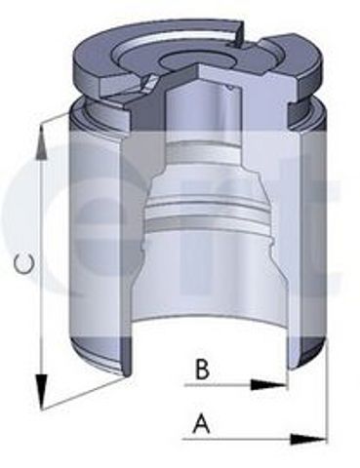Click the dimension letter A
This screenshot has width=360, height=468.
pyautogui.click(x=202, y=422)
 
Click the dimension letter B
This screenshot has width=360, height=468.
pyautogui.click(x=202, y=369)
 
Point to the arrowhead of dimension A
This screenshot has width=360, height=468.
pyautogui.click(x=307, y=440)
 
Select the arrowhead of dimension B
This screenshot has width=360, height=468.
pyautogui.click(x=268, y=385)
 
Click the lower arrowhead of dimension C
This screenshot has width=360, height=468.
pyautogui.click(x=41, y=391)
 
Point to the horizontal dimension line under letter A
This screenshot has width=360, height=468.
pyautogui.click(x=254, y=440)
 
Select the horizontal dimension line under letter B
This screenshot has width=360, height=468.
pyautogui.click(x=236, y=385)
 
